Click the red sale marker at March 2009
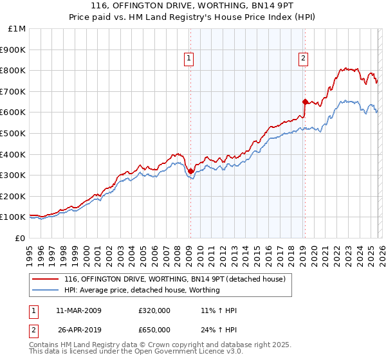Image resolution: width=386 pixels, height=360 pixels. pos(190,171)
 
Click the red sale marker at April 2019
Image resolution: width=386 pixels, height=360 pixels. pos(305,102)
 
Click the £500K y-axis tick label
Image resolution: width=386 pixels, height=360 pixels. pos(14,134)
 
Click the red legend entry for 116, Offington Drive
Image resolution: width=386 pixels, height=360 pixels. pos(179,279)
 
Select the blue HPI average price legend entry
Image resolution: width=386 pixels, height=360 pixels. pos(142,291)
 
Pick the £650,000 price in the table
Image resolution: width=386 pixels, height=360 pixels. pos(154,330)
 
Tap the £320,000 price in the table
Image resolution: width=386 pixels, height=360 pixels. pos(154,310)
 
